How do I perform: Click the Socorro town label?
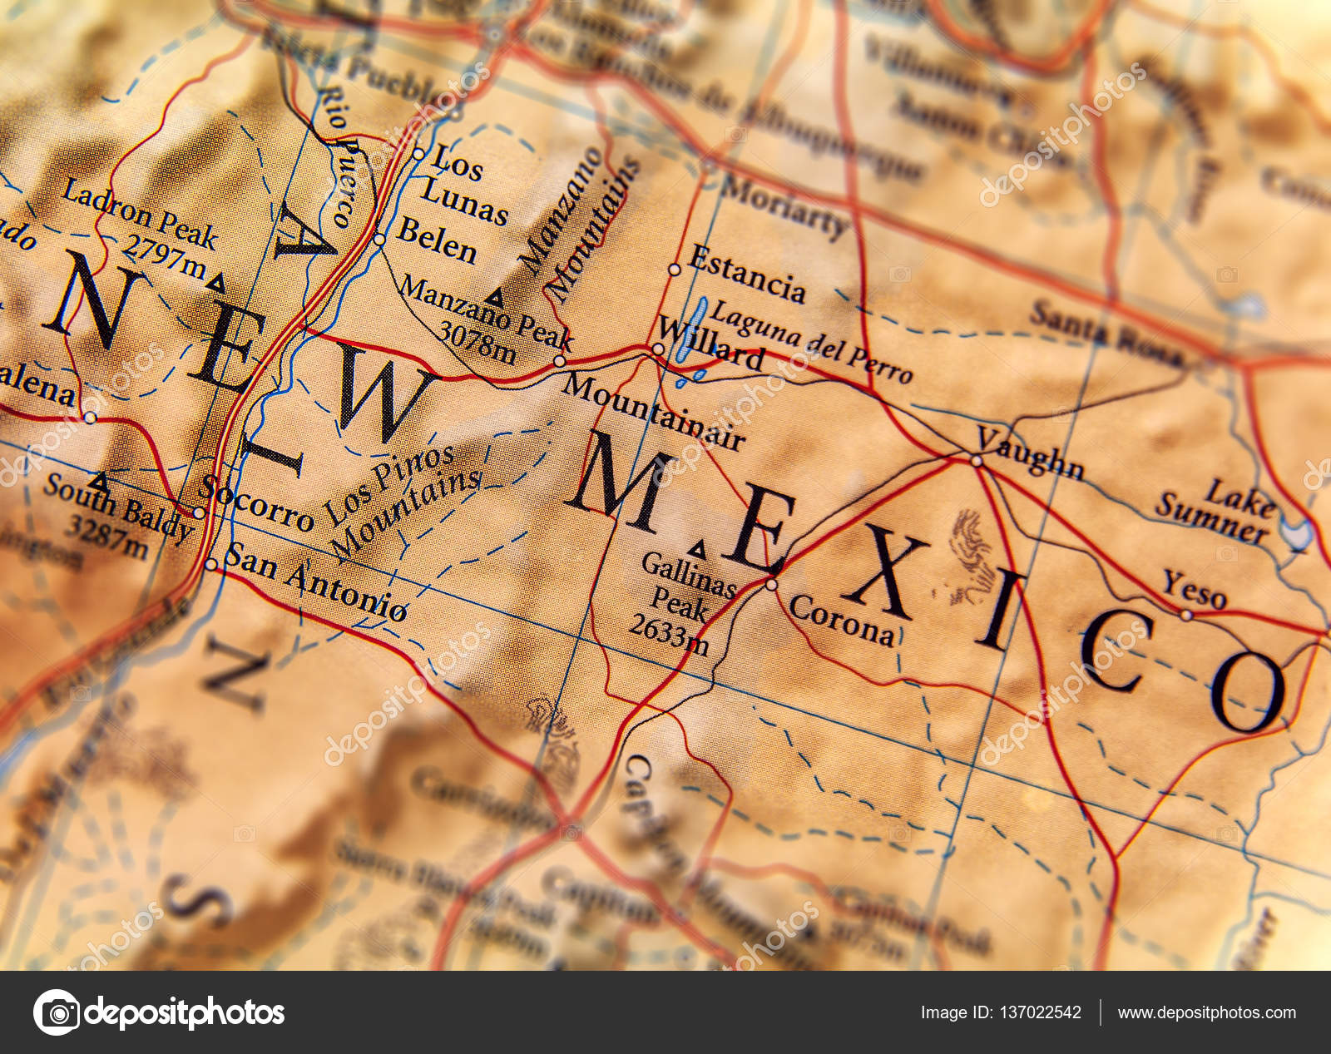[x=259, y=504]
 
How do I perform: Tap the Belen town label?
[x=437, y=240]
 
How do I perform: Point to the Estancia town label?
[x=747, y=275]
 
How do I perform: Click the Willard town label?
[x=712, y=343]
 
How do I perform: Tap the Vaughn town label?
[x=1031, y=454]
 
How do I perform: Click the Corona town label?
[x=842, y=620]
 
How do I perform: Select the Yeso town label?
[x=1195, y=590]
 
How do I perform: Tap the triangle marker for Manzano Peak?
[x=496, y=296]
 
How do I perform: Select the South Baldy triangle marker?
[x=99, y=481]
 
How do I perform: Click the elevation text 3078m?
[x=477, y=343]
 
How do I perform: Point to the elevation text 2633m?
[x=669, y=634]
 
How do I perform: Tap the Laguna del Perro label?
[x=811, y=341]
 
